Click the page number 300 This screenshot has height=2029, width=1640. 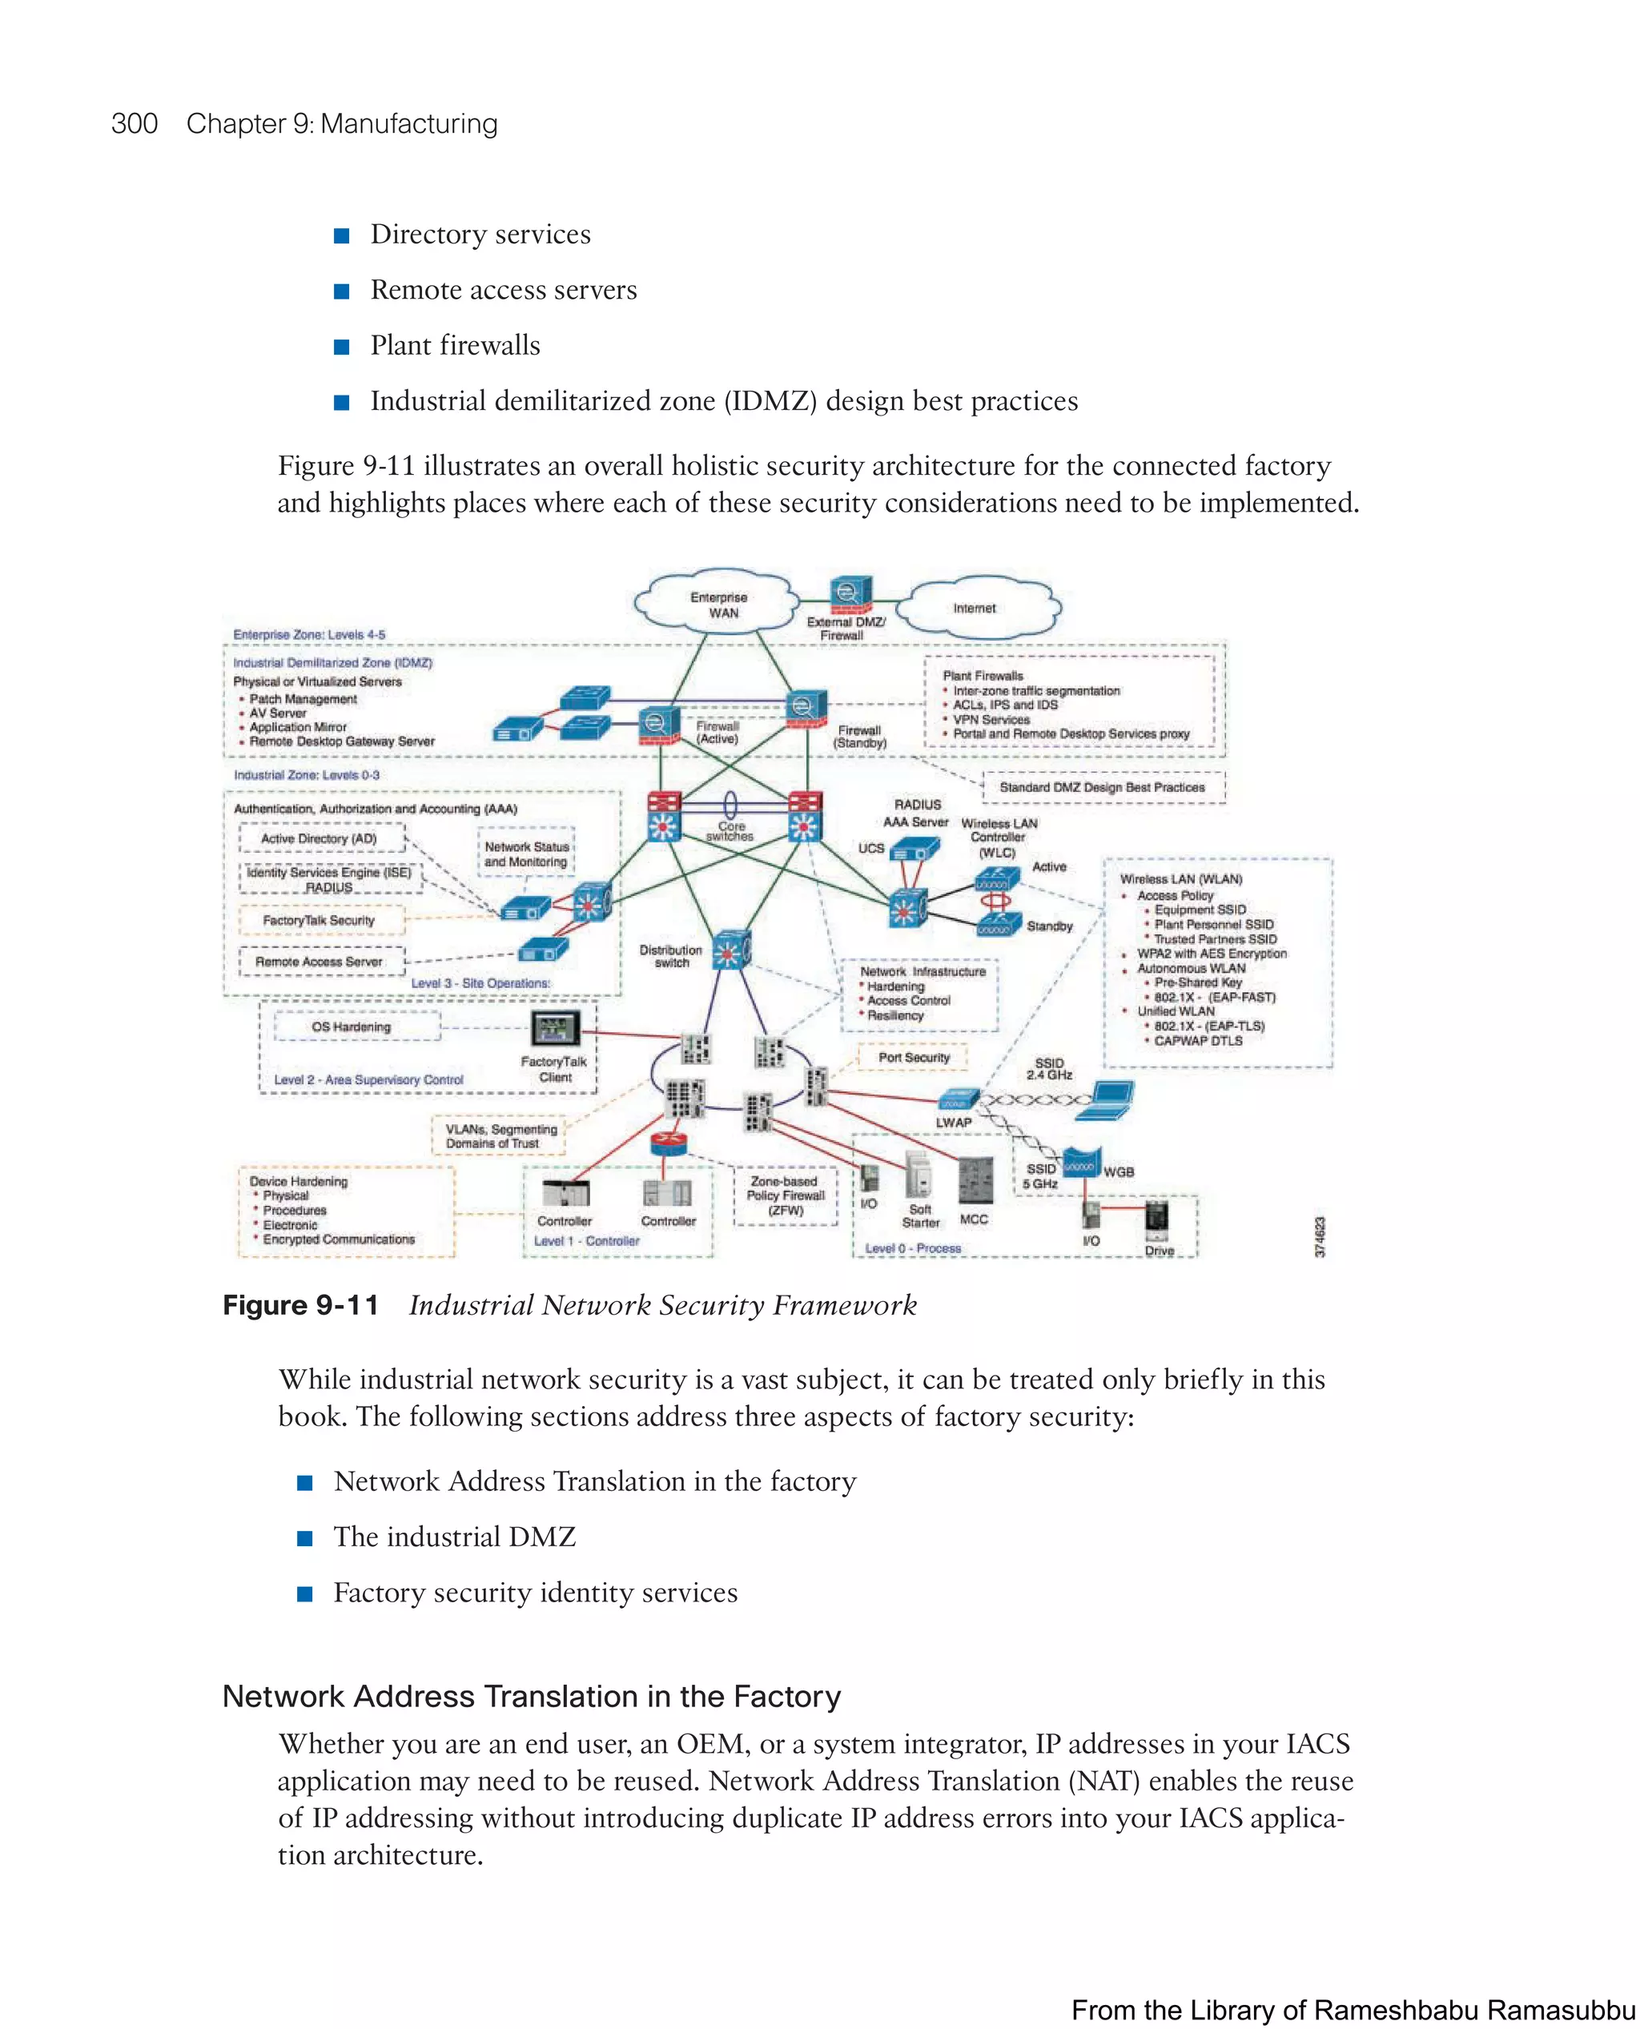click(x=135, y=124)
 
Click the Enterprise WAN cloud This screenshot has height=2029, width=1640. click(x=718, y=605)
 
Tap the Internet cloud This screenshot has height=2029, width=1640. click(x=976, y=609)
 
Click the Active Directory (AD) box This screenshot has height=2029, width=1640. click(x=320, y=838)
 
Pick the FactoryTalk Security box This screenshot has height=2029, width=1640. click(x=320, y=920)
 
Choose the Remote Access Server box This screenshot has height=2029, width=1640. click(x=320, y=962)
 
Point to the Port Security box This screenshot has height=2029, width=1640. click(x=914, y=1057)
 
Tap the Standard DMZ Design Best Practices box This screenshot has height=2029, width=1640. click(x=1102, y=787)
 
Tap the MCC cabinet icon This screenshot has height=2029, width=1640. click(x=975, y=1182)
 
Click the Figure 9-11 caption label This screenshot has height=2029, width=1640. click(x=300, y=1305)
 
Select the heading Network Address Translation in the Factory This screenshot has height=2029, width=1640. click(x=531, y=1697)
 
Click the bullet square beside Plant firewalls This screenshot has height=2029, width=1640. click(x=342, y=347)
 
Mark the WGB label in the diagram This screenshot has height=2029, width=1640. click(x=1119, y=1171)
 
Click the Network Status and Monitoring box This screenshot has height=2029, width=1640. click(x=526, y=854)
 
